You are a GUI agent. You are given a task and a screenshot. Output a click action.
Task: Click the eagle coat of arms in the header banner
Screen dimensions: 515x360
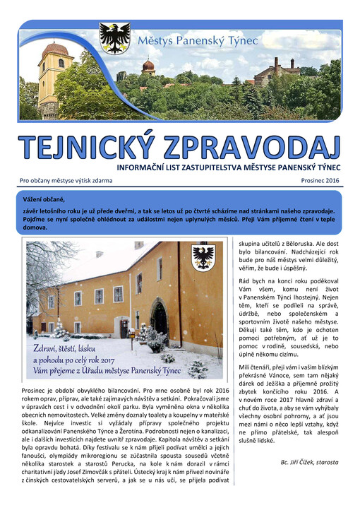point(114,37)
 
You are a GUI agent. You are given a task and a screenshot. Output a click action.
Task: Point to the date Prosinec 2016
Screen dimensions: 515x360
point(318,181)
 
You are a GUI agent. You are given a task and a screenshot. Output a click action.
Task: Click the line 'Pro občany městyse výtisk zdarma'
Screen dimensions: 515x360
point(66,181)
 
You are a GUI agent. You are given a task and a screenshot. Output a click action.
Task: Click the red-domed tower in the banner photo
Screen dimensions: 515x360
point(148,68)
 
